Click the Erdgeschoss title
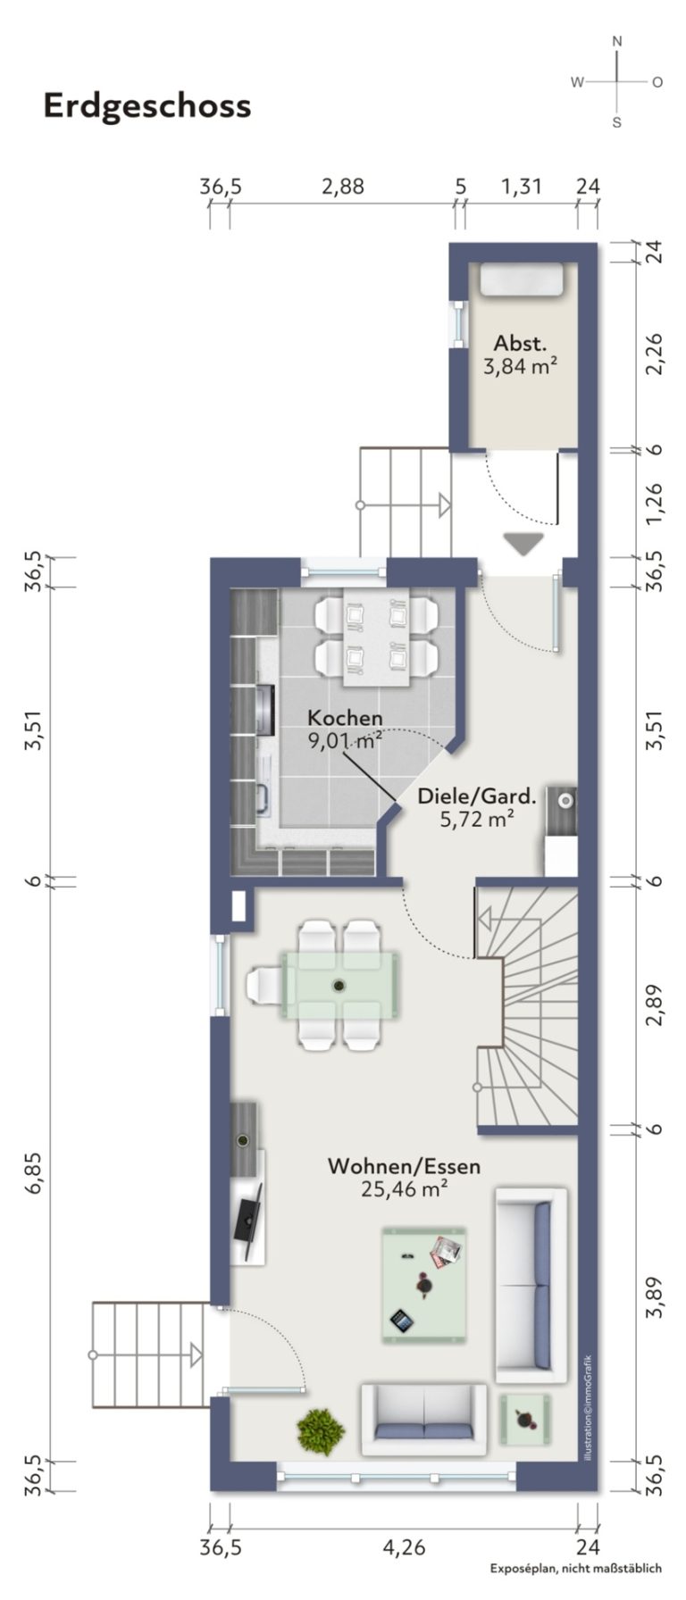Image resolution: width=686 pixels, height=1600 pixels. click(147, 106)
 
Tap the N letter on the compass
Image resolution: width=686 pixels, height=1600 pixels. click(616, 41)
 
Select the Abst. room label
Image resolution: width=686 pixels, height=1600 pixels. click(521, 343)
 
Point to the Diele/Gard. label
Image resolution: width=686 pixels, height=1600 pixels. click(477, 796)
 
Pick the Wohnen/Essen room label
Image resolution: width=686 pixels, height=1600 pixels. click(404, 1166)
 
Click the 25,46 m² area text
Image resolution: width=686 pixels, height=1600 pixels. click(404, 1188)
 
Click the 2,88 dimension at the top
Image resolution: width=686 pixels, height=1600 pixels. click(343, 187)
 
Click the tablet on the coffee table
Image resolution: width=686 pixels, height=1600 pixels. click(401, 1318)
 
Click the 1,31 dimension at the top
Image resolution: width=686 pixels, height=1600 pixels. click(521, 187)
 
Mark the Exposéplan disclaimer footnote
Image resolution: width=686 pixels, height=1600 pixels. click(575, 1592)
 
